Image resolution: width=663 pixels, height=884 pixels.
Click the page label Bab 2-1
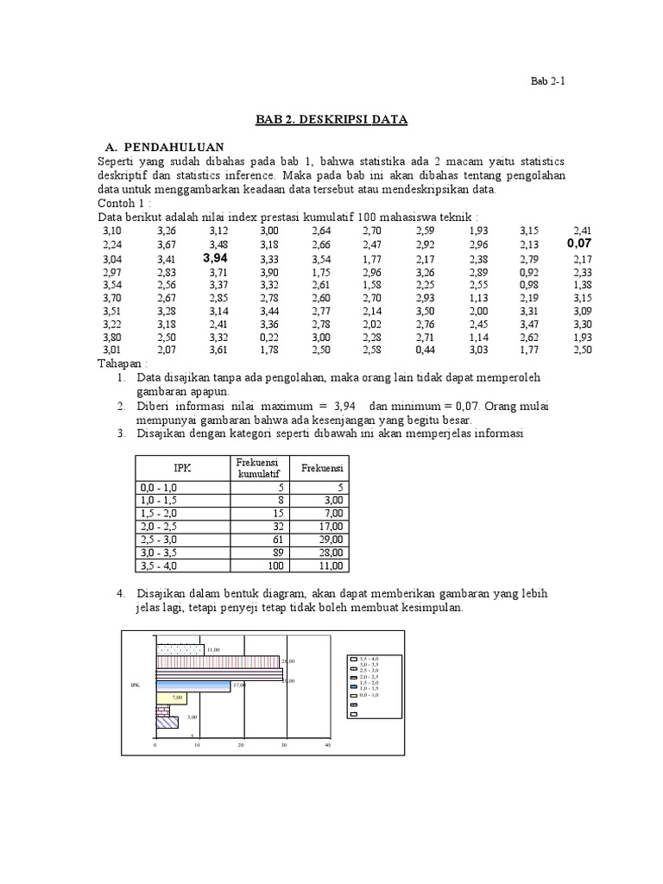click(546, 82)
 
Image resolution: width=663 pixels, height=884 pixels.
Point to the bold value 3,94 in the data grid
click(216, 258)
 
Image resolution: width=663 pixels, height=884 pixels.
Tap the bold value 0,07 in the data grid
click(579, 244)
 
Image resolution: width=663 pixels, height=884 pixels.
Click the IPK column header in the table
click(181, 468)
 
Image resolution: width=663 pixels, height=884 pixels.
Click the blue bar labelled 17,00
click(193, 685)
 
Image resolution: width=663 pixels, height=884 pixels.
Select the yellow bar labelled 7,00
click(169, 698)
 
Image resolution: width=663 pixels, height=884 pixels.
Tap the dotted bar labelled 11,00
click(180, 649)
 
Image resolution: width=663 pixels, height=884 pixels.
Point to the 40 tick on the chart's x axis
click(327, 744)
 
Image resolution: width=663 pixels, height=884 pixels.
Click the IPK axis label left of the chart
click(135, 685)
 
